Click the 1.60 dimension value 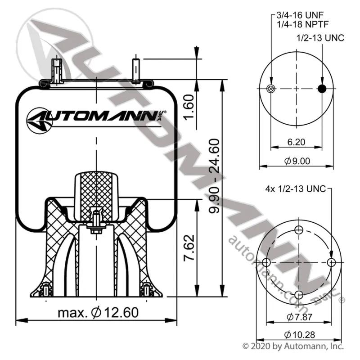(x=189, y=107)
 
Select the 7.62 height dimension (x=189, y=248)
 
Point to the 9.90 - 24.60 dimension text (x=214, y=176)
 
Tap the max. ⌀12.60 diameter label (x=98, y=312)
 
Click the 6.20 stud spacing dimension (x=296, y=142)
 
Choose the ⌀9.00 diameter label (x=297, y=161)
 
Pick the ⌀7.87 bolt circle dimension (x=299, y=317)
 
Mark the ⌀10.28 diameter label (x=299, y=335)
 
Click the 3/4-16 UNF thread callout (x=300, y=15)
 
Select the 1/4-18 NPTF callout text (x=302, y=24)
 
